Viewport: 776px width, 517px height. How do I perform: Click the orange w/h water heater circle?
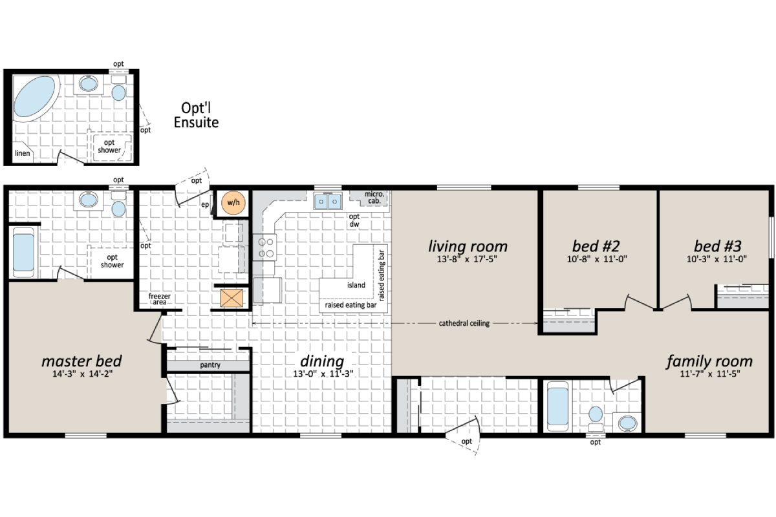231,203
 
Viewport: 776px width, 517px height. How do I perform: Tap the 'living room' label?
468,246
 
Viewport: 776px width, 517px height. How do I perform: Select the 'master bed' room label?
81,360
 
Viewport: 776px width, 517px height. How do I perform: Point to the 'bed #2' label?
596,246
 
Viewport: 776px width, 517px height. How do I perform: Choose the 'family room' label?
709,361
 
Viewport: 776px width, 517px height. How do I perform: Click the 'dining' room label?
321,361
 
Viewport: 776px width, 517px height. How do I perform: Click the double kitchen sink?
328,202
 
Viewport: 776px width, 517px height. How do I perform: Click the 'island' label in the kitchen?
356,285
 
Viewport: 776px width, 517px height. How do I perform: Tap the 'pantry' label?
210,365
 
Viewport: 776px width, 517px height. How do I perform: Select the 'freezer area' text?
159,298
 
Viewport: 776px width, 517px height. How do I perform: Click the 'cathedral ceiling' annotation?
464,323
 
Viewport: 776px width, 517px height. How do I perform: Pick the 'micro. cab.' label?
374,196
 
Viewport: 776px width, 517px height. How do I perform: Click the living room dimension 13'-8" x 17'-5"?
468,260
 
